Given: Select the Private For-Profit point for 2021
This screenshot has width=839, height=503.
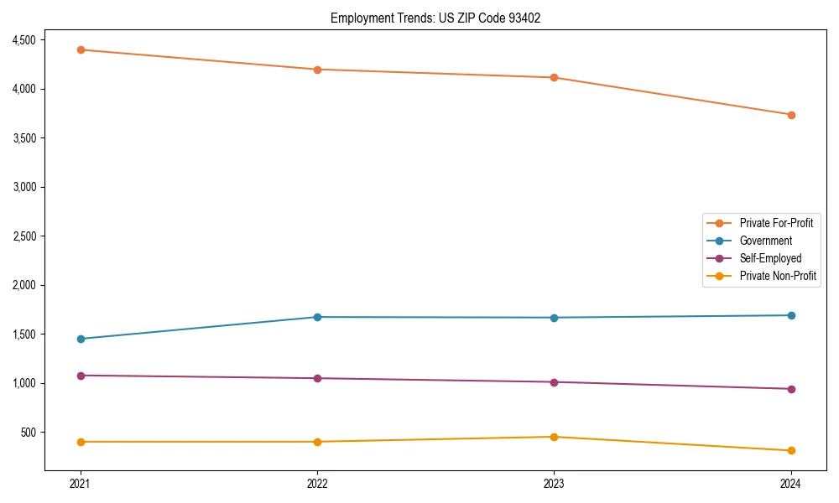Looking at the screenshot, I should (x=81, y=49).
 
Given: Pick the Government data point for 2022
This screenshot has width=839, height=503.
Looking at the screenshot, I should (x=317, y=317).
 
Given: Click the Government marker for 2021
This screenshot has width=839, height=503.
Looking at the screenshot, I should (x=81, y=339).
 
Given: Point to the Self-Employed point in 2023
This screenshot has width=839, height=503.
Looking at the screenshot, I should (x=554, y=382).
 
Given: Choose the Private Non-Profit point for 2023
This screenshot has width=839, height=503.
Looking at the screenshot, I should (x=554, y=437).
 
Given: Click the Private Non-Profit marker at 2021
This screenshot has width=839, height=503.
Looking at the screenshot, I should (x=81, y=442).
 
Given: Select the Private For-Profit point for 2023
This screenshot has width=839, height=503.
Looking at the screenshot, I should (x=554, y=77).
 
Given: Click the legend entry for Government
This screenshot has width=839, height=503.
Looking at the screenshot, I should (x=765, y=241).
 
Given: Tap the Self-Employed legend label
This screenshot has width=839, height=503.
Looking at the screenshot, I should (x=770, y=258).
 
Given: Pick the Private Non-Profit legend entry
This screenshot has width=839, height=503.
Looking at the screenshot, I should (x=778, y=276).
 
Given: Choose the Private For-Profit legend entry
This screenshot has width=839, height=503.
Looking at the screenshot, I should (x=776, y=223).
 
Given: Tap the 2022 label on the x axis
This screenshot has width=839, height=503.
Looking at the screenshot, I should (x=317, y=483).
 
